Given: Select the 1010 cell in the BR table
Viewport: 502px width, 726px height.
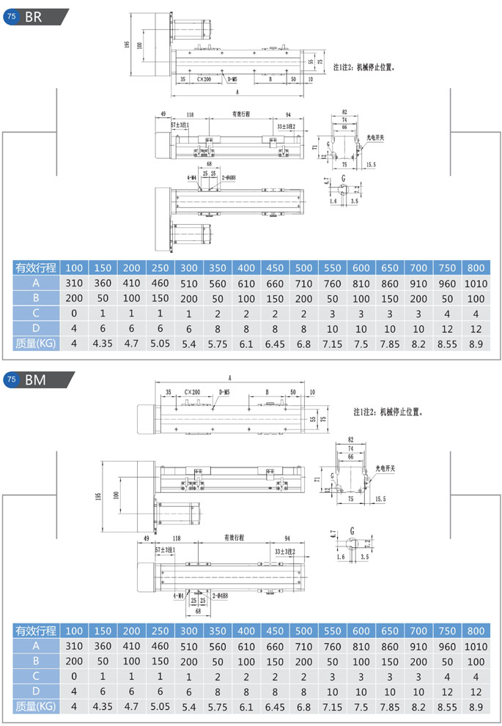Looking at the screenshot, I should click(476, 284).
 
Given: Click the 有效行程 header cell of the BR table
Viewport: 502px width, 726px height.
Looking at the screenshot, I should click(36, 267).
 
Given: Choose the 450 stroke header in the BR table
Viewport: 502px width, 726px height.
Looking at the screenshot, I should click(275, 267).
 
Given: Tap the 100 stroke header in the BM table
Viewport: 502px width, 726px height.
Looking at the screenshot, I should click(74, 631).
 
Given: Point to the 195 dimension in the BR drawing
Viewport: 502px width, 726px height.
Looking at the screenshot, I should click(128, 45).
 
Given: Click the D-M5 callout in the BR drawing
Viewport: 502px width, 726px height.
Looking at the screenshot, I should click(232, 78).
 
